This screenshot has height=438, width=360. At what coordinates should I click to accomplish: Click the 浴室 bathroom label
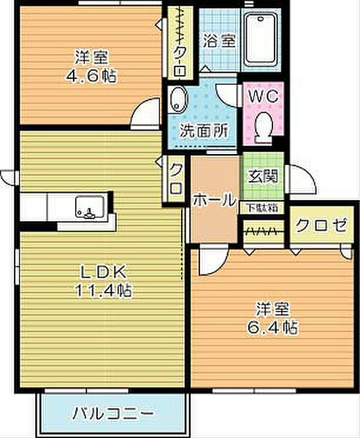tap(219, 42)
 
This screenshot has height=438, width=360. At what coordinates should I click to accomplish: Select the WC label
tap(263, 96)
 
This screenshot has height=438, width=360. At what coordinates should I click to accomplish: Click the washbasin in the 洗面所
tap(179, 99)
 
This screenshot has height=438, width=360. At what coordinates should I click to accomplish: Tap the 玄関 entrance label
tap(261, 176)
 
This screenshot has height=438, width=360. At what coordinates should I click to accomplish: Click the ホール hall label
tap(214, 198)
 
